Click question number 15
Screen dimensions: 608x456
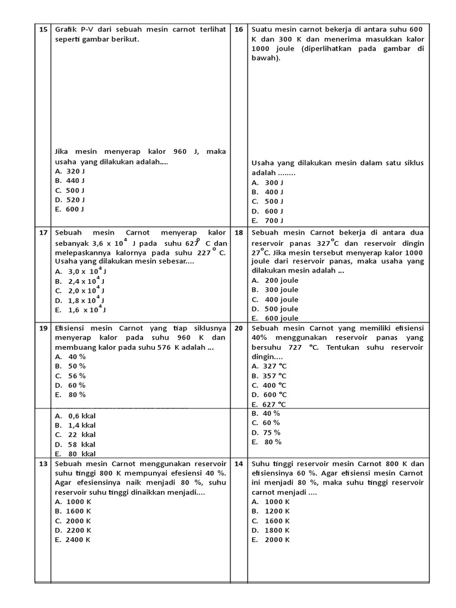click(x=43, y=29)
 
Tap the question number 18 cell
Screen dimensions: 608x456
click(x=239, y=233)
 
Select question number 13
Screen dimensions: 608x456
click(x=43, y=463)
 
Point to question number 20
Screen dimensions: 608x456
click(x=239, y=328)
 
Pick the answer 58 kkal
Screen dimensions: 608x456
click(x=75, y=444)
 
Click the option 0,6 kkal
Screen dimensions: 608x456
click(x=75, y=416)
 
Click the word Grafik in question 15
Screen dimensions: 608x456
click(x=66, y=29)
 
